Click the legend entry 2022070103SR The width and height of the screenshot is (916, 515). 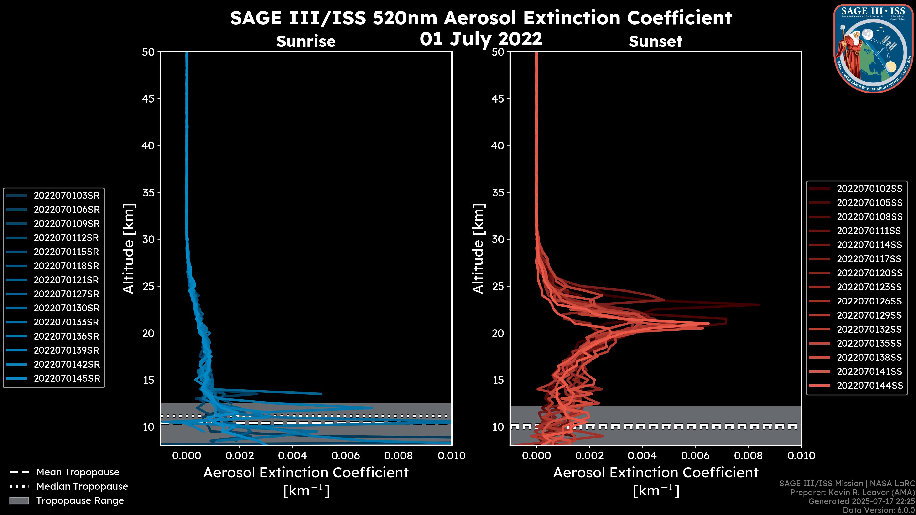coord(67,196)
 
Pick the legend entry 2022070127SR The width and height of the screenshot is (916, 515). coord(67,294)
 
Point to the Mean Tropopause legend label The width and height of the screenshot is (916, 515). coord(78,472)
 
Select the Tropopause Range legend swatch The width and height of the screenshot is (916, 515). coord(19,500)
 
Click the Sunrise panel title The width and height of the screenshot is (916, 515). coord(306,41)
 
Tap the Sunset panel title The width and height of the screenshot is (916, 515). coord(655,41)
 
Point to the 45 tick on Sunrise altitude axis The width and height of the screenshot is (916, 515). coord(148,98)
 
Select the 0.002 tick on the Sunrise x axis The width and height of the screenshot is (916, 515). coord(239,456)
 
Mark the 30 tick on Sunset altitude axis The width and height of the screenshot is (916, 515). coord(498,239)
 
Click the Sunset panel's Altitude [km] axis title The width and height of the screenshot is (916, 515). coord(478,249)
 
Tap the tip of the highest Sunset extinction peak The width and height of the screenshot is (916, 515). coord(759,305)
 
